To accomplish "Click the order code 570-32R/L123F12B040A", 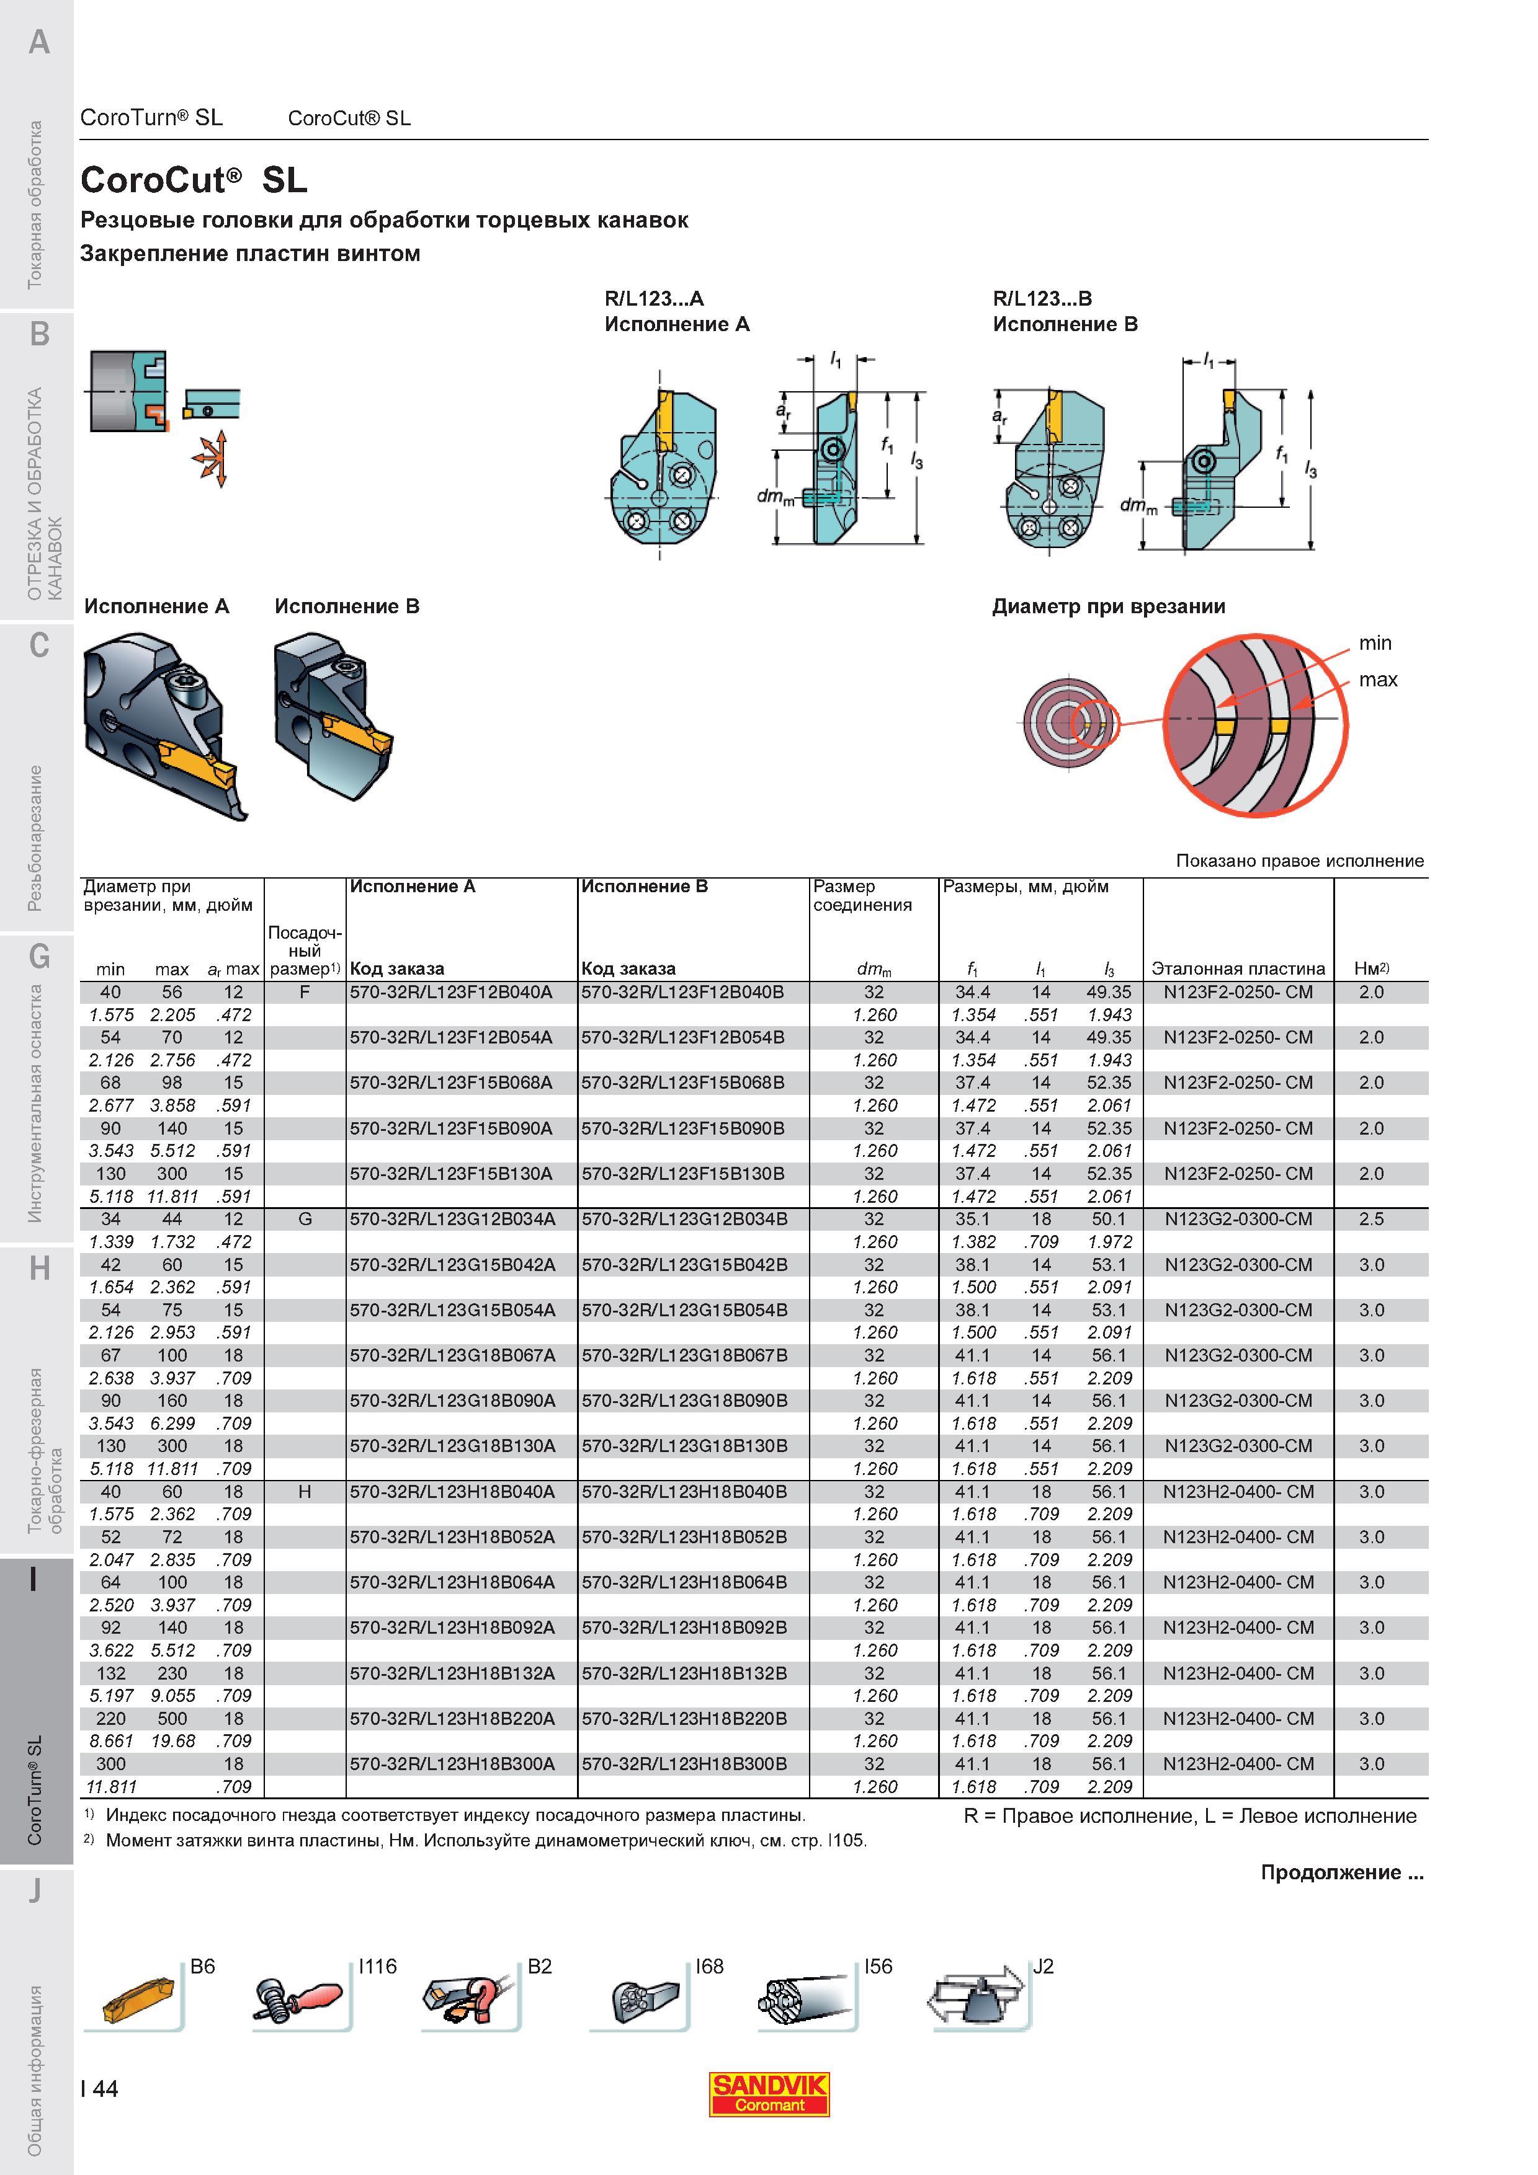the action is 451,993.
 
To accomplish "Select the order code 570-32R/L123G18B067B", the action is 684,1355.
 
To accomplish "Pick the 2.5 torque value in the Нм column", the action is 1371,1219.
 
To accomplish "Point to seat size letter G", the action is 305,1219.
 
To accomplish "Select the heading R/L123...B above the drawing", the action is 1042,298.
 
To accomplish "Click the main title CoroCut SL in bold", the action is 194,180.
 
